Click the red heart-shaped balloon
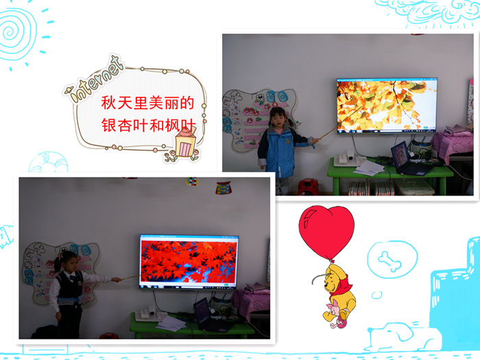pyautogui.click(x=326, y=232)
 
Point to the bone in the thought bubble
pyautogui.click(x=389, y=261)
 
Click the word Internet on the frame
pyautogui.click(x=95, y=80)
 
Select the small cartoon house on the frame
pyautogui.click(x=185, y=143)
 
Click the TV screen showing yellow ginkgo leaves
pyautogui.click(x=387, y=105)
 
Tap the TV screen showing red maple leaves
pyautogui.click(x=189, y=261)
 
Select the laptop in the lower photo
pyautogui.click(x=211, y=315)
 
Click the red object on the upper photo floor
pyautogui.click(x=308, y=187)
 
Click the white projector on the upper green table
pyautogui.click(x=348, y=158)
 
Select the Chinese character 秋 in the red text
pyautogui.click(x=108, y=103)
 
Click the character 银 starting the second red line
pyautogui.click(x=108, y=125)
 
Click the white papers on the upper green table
pyautogui.click(x=369, y=168)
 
